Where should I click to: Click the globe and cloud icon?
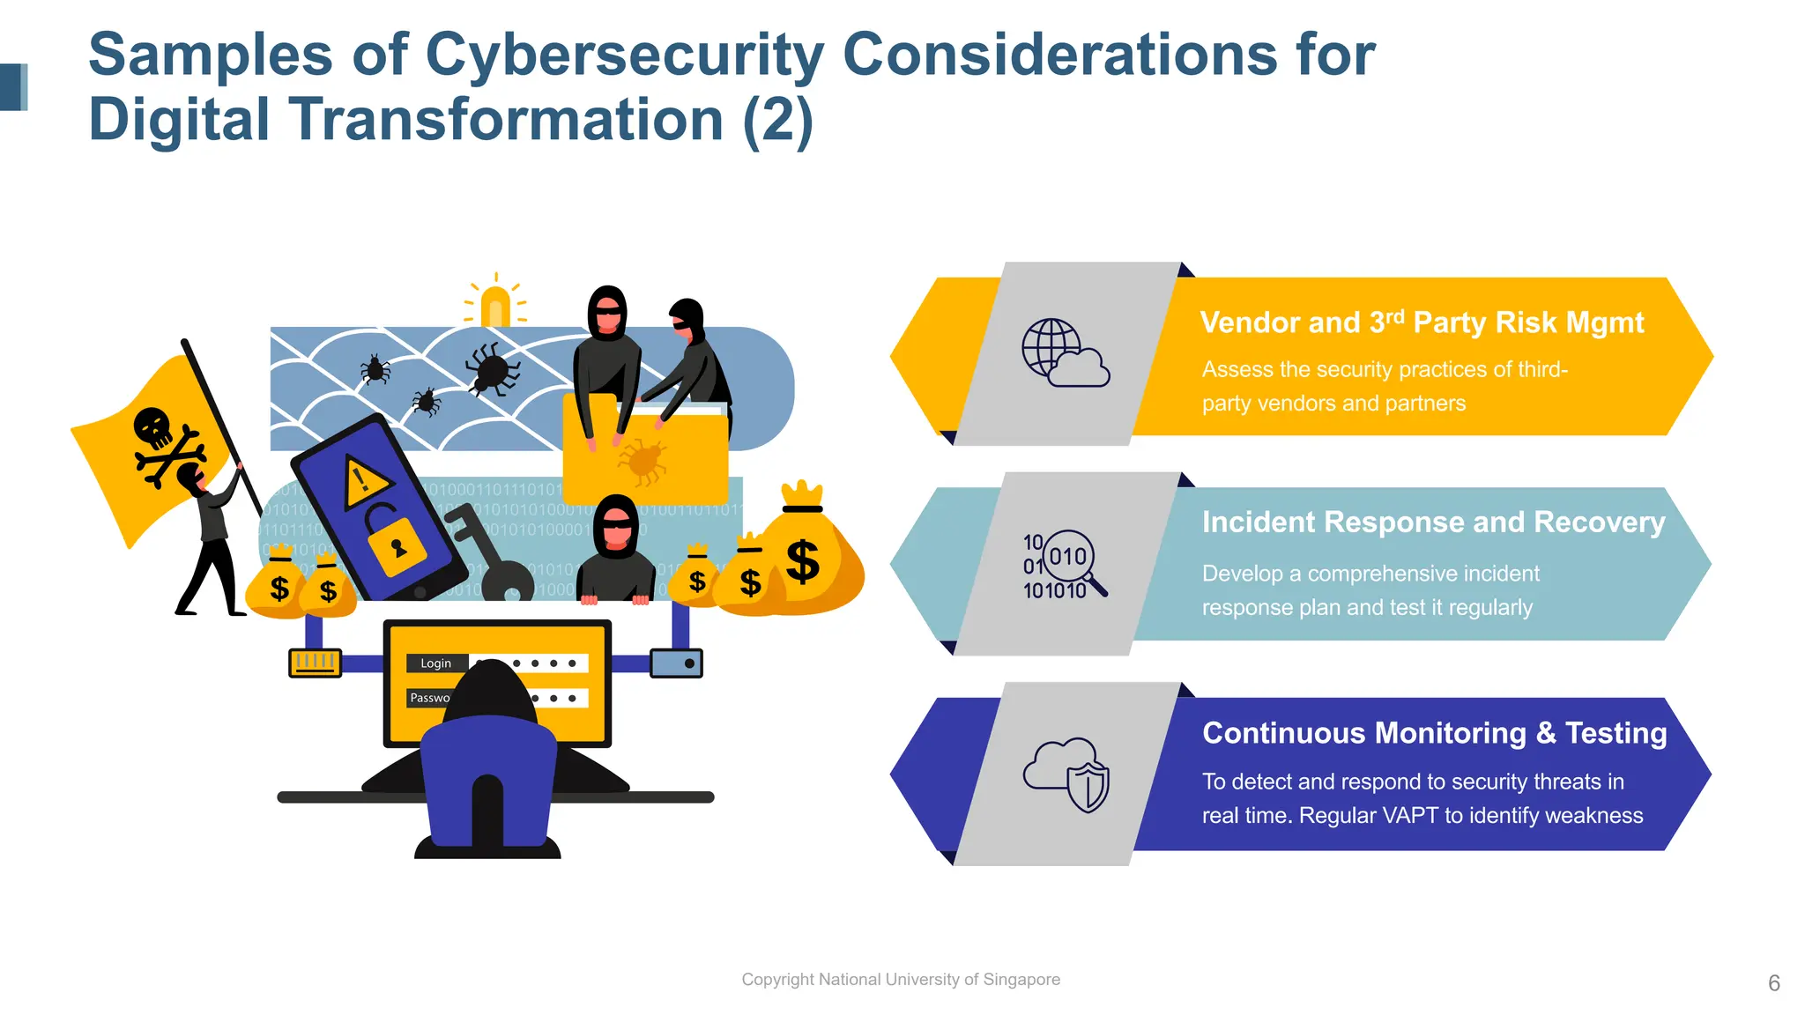pyautogui.click(x=1065, y=352)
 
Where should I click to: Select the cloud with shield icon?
pyautogui.click(x=1066, y=774)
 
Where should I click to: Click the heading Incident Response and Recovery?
pyautogui.click(x=1433, y=522)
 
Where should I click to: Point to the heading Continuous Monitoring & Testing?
pyautogui.click(x=1434, y=733)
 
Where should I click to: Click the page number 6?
pyautogui.click(x=1773, y=983)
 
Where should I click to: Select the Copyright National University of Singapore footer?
pyautogui.click(x=900, y=980)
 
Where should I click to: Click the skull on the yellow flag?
pyautogui.click(x=153, y=427)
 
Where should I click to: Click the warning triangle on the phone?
pyautogui.click(x=362, y=482)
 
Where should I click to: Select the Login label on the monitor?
pyautogui.click(x=435, y=663)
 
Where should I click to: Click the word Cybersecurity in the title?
pyautogui.click(x=624, y=55)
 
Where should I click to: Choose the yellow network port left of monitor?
pyautogui.click(x=315, y=663)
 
